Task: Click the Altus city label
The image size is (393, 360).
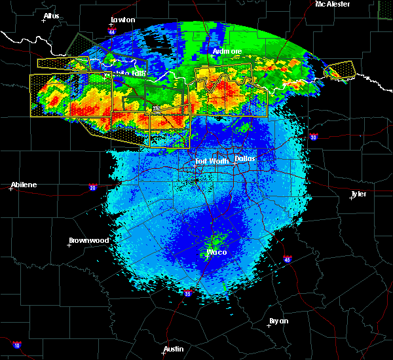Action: point(52,15)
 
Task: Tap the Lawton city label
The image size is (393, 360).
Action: point(123,20)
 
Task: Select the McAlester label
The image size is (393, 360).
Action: point(332,4)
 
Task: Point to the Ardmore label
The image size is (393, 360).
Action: point(227,51)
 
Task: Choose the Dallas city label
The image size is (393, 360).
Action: point(245,158)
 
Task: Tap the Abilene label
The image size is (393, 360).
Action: point(24,185)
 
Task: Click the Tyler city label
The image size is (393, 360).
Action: point(358,194)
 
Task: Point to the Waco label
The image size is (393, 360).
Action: point(216,251)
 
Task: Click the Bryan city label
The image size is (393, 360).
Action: point(278,321)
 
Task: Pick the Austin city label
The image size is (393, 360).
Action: point(174,349)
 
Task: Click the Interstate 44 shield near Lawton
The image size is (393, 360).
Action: point(113,31)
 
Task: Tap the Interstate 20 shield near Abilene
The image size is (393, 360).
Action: point(93,187)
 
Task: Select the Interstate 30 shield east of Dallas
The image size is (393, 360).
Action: point(314,137)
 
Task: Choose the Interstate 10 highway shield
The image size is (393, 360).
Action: point(16,345)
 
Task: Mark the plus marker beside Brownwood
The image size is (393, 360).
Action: point(70,246)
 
